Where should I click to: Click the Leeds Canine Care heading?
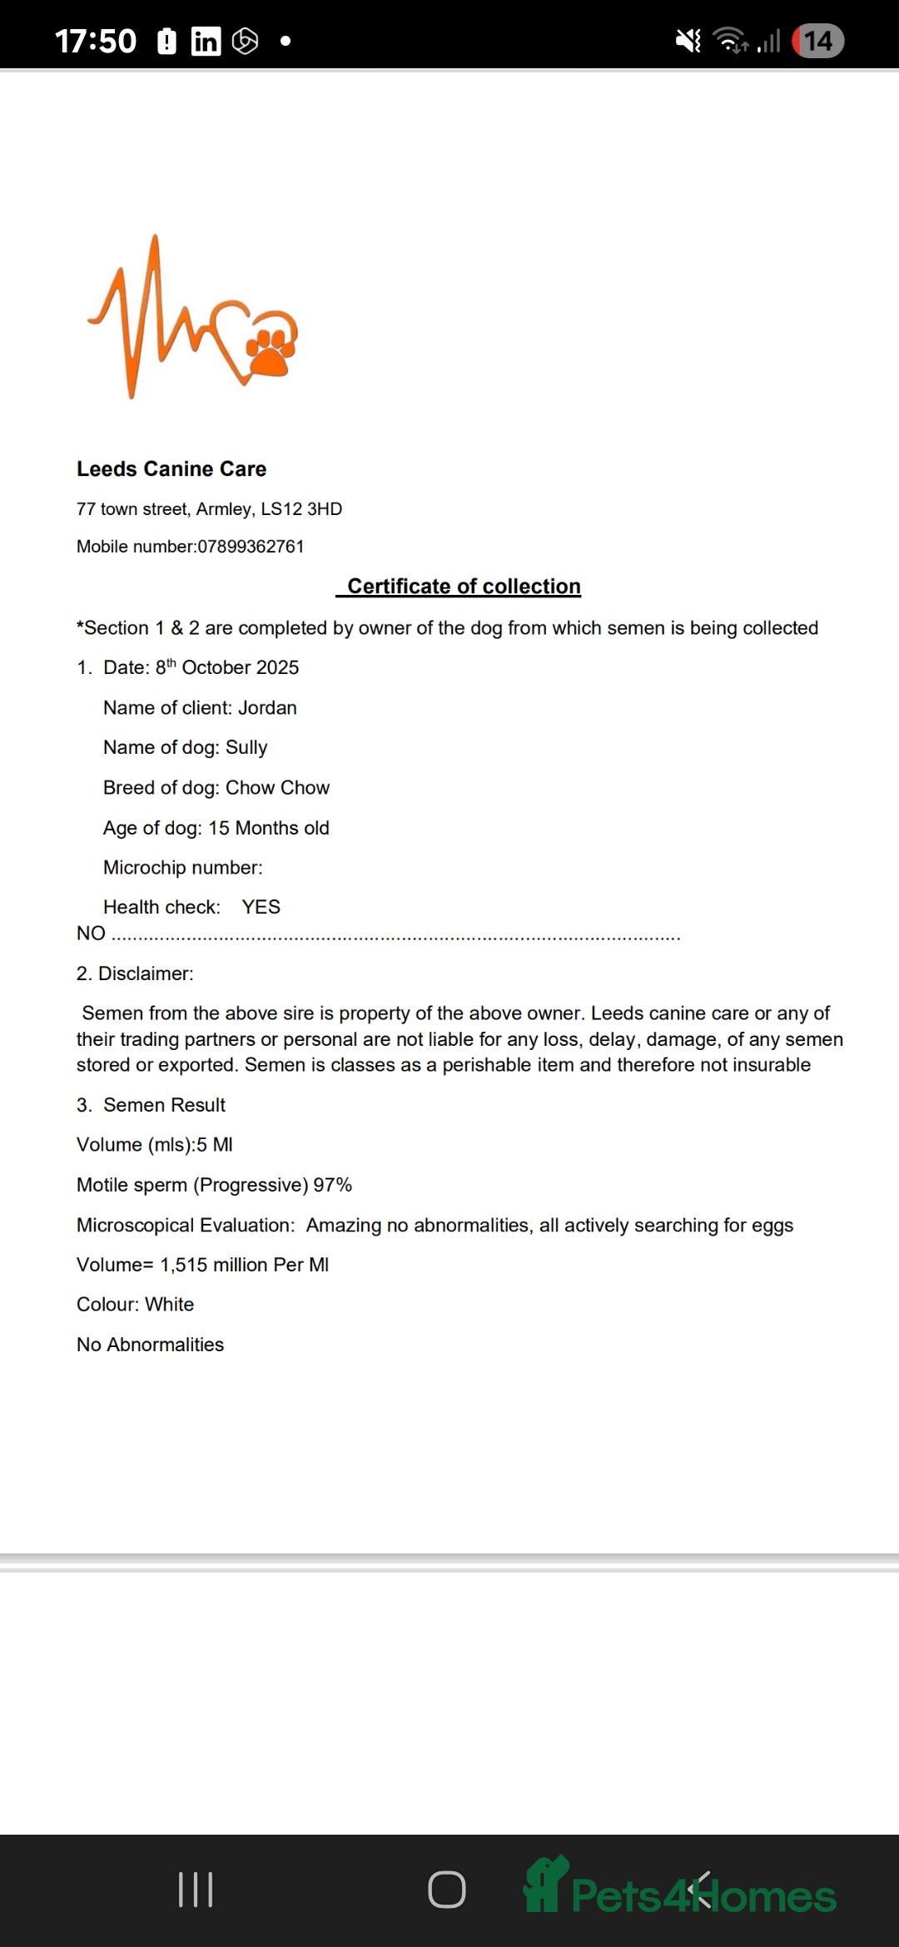[x=171, y=469]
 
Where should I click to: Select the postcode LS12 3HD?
[x=301, y=509]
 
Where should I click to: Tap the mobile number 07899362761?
[x=251, y=547]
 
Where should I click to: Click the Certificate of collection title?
[x=464, y=587]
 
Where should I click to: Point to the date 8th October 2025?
[x=226, y=667]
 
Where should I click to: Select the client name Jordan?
[x=267, y=708]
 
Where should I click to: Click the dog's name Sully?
[x=246, y=747]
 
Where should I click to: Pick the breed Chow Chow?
[x=277, y=788]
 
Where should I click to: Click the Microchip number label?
[x=182, y=868]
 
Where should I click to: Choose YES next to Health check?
[x=261, y=907]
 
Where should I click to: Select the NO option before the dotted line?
[x=91, y=934]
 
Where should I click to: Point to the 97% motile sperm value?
[x=332, y=1185]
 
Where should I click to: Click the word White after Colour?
[x=169, y=1305]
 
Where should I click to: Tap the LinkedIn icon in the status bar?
[x=206, y=41]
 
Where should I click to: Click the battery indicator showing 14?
[x=817, y=41]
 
